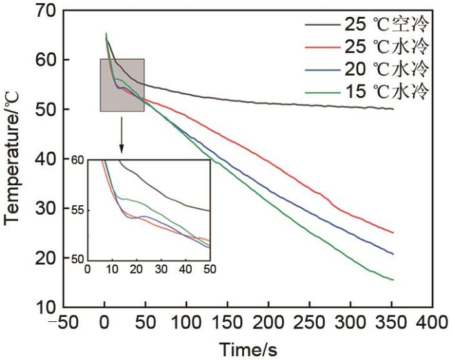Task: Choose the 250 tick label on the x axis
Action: (309, 321)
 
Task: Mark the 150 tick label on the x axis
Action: (227, 321)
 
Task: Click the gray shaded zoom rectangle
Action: (122, 85)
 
